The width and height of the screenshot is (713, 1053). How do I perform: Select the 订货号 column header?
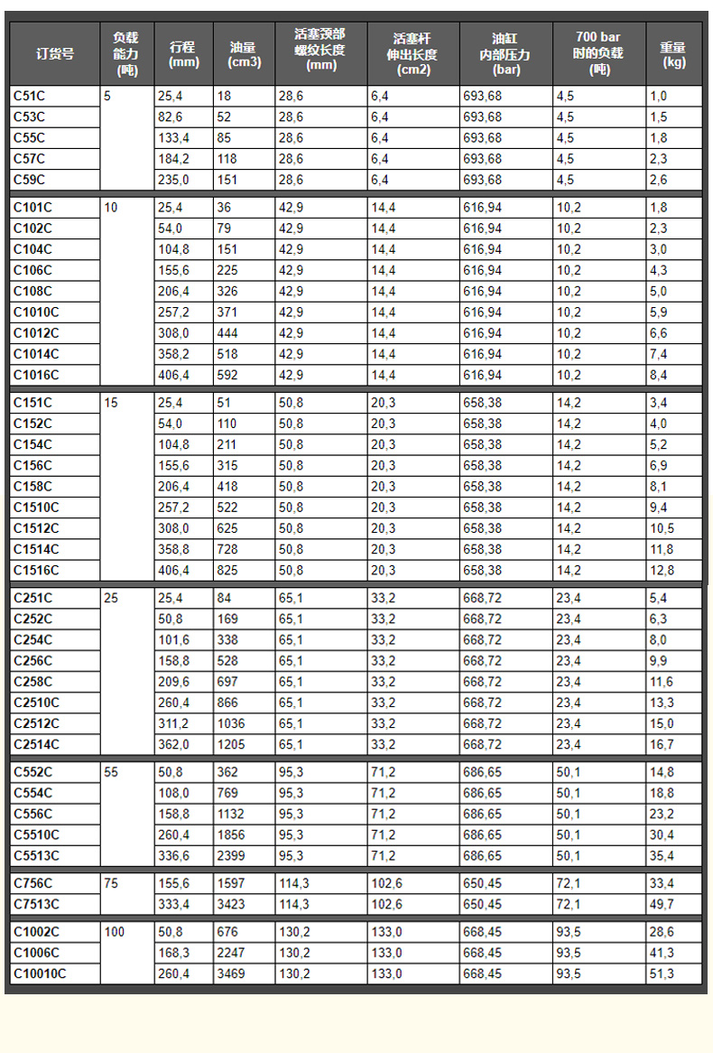[x=55, y=53]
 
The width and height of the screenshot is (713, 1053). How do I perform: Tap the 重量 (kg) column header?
[x=673, y=54]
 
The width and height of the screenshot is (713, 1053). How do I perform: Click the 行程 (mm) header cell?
[x=184, y=54]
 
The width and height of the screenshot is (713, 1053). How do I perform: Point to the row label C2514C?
[x=36, y=744]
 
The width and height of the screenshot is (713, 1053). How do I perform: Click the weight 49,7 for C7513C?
[x=661, y=904]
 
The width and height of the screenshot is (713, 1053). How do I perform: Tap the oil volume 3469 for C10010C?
[x=230, y=974]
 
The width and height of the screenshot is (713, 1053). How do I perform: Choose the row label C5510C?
[x=36, y=834]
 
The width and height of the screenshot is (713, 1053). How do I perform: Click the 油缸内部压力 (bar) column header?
[x=505, y=54]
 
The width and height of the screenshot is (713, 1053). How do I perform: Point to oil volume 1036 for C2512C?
[x=230, y=723]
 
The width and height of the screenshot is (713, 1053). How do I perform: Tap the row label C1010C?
[x=36, y=312]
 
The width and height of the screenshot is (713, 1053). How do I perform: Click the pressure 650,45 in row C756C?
[x=483, y=883]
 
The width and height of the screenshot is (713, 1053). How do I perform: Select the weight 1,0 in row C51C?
[x=658, y=96]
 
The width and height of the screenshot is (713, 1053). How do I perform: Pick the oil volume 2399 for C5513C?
[x=230, y=855]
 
